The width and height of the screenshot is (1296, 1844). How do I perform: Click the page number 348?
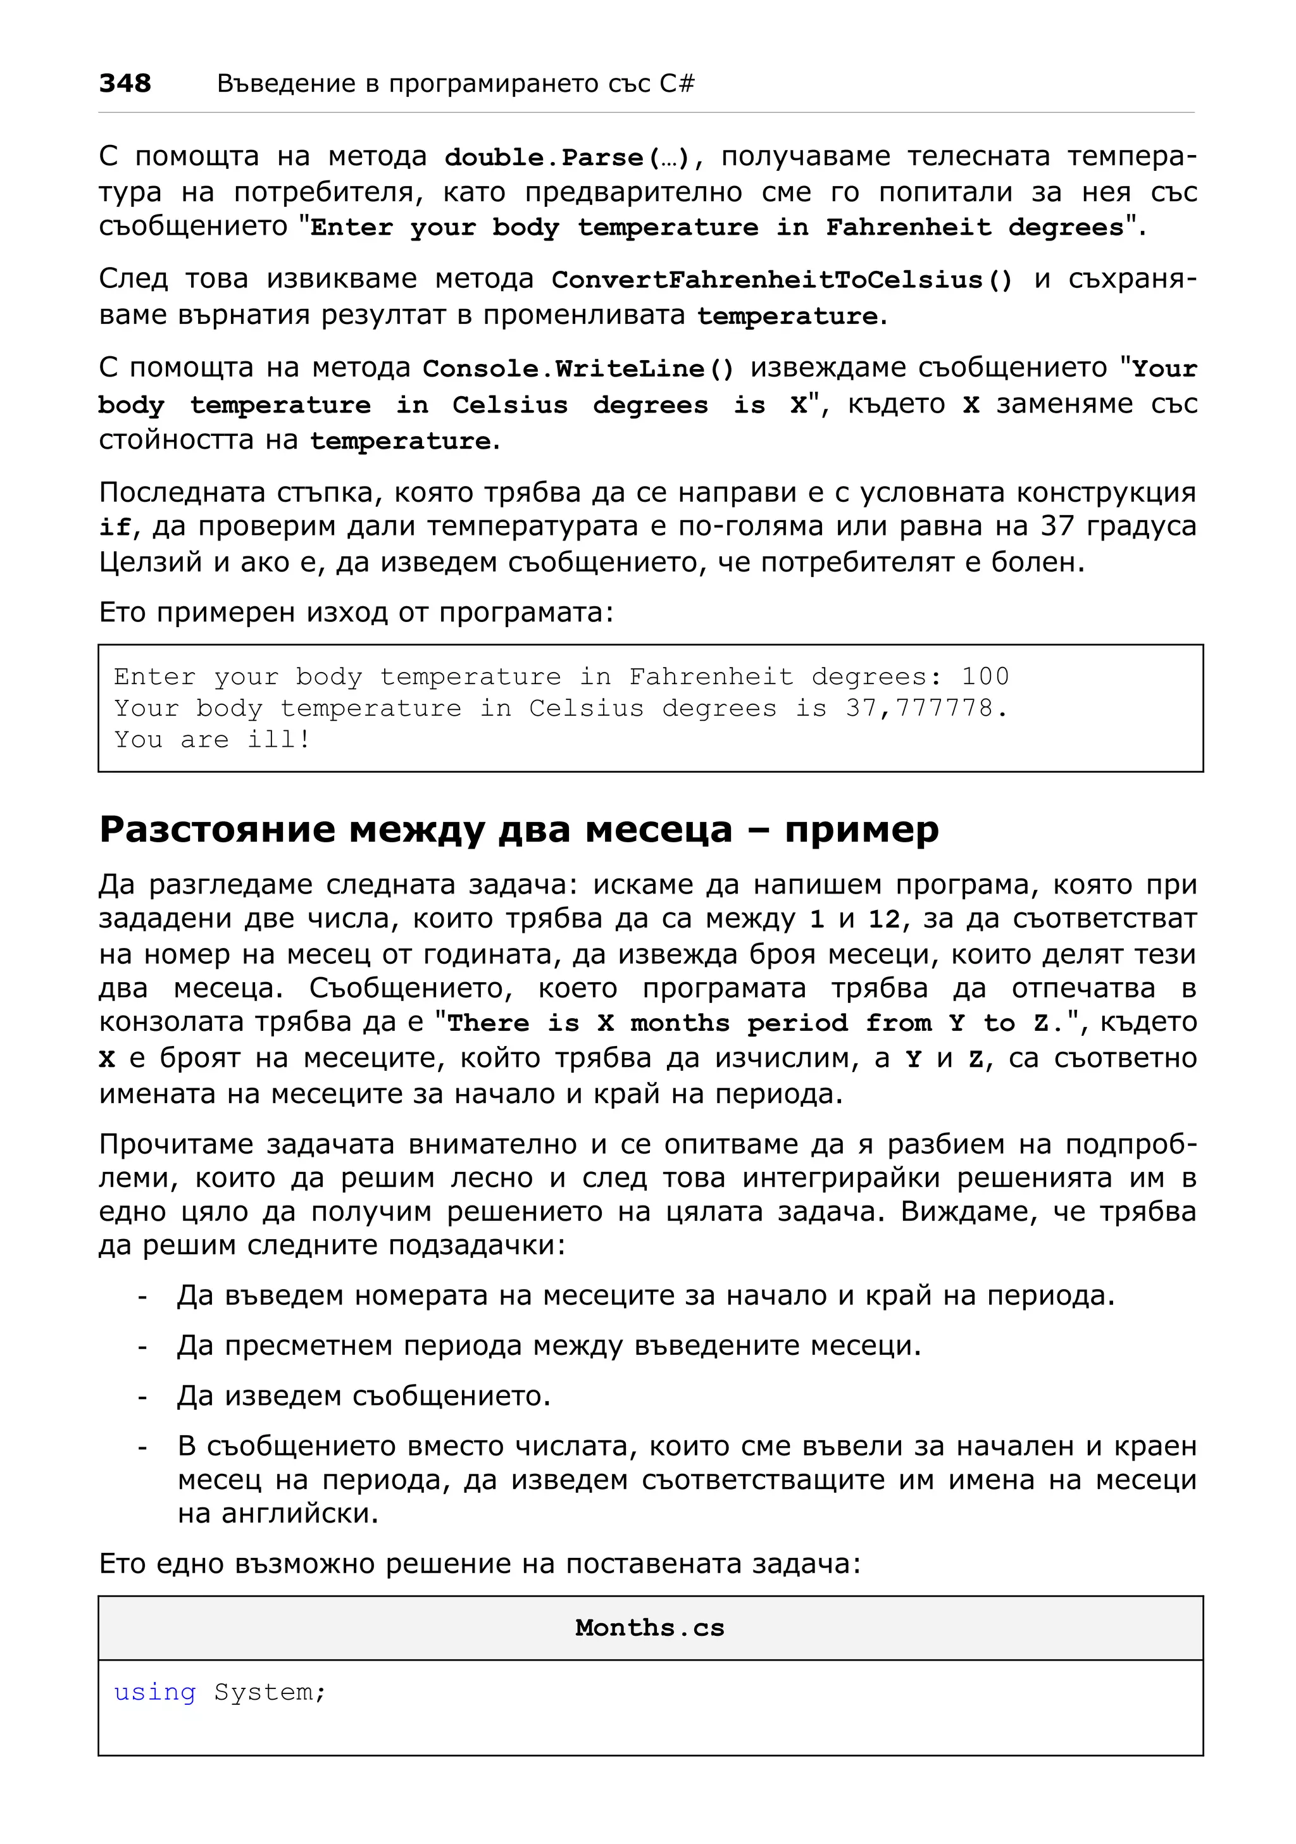(x=125, y=83)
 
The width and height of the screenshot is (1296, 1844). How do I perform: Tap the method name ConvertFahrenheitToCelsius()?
(x=782, y=280)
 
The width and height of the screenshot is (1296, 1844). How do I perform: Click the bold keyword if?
(x=113, y=528)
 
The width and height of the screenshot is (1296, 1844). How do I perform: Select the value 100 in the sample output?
(x=985, y=676)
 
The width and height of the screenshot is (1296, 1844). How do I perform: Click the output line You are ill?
(x=212, y=740)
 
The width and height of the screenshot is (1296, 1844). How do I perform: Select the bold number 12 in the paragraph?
(x=884, y=919)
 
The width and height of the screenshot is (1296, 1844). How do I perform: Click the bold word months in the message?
(x=679, y=1023)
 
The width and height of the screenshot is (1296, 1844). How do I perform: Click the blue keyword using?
(x=154, y=1692)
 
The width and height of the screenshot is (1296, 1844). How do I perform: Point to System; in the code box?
(x=270, y=1692)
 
